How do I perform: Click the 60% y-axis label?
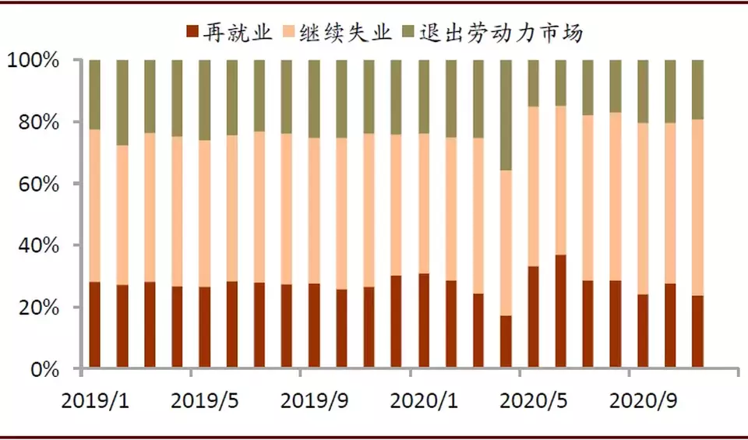[x=41, y=184]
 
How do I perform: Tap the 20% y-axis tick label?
[x=41, y=308]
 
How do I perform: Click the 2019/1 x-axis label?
[x=93, y=402]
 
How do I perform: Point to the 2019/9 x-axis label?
[x=313, y=402]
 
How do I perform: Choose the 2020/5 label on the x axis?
[x=533, y=402]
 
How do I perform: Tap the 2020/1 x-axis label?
[x=423, y=402]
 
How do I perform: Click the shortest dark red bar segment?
[x=506, y=342]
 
